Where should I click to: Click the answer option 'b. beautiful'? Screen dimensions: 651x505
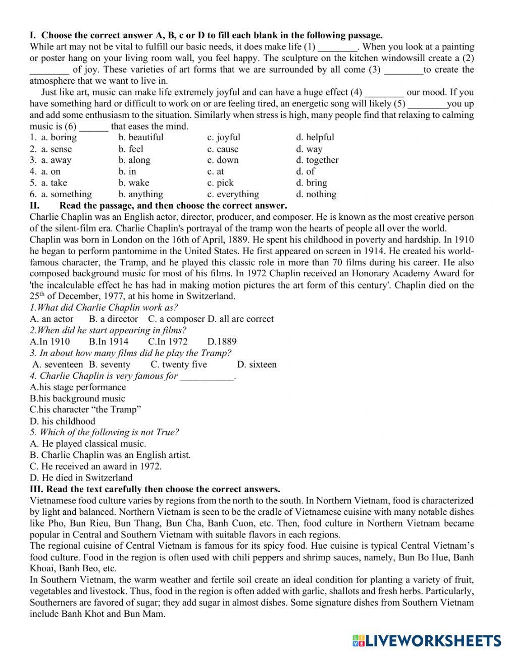(x=140, y=137)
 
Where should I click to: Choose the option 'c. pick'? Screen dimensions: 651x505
(x=220, y=183)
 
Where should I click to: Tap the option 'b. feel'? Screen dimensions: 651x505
(x=131, y=149)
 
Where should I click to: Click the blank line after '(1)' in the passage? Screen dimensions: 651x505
(x=338, y=47)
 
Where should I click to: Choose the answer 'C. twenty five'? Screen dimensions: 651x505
(x=179, y=364)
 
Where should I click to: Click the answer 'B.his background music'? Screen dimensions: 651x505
(x=77, y=398)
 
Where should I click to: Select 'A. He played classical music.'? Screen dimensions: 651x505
(x=88, y=444)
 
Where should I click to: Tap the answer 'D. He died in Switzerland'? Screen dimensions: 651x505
(x=81, y=478)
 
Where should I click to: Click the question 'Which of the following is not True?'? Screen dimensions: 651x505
(x=105, y=432)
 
